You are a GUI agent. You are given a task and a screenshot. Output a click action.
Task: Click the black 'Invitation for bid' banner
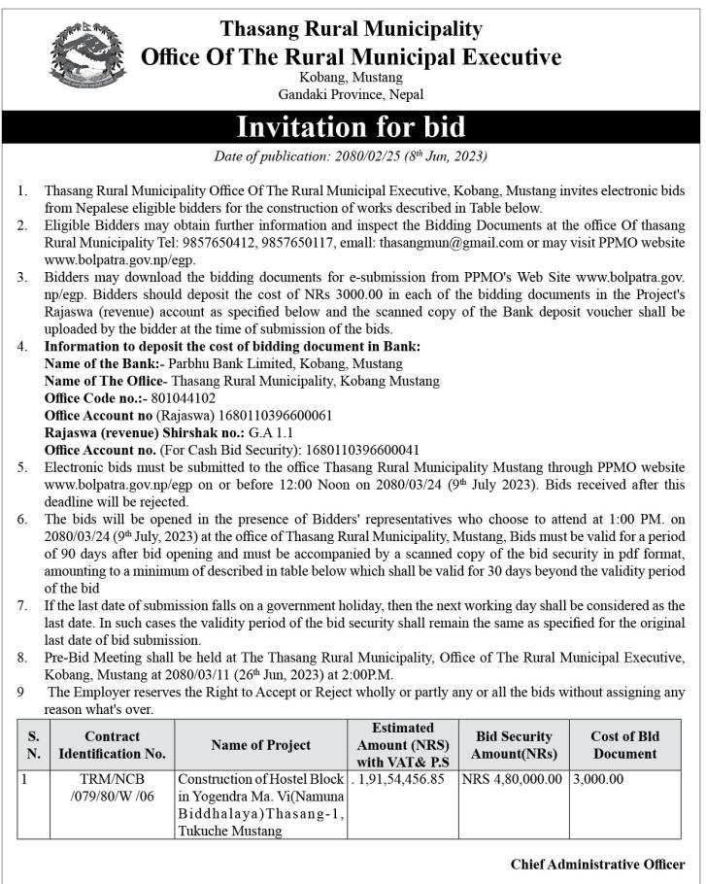pos(352,127)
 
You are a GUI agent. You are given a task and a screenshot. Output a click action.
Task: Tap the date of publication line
pos(351,156)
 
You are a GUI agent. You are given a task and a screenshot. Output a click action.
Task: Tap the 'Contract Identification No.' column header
pos(112,744)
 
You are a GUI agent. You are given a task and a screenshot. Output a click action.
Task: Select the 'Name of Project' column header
pos(260,745)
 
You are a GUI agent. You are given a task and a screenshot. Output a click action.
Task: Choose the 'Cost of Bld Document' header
pos(624,745)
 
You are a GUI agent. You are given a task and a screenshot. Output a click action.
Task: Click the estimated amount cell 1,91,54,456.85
pos(401,779)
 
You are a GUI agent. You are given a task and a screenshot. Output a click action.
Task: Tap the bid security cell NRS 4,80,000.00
pos(512,779)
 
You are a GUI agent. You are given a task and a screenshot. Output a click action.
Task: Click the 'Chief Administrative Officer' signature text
pos(596,864)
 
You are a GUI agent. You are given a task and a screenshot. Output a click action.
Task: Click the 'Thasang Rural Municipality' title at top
pos(351,28)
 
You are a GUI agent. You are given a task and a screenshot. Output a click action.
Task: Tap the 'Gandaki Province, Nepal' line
pos(351,94)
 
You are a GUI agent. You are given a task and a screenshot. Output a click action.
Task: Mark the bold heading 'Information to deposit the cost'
pos(233,346)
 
